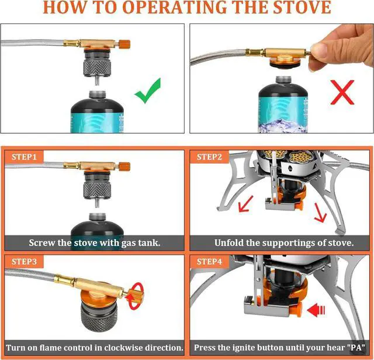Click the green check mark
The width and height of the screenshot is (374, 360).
149,92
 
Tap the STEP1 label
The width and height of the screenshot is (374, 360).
24,157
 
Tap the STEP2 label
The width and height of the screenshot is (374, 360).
209,157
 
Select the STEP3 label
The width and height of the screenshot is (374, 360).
24,261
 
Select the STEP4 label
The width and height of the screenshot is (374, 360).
209,261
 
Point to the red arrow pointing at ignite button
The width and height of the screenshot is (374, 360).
316,308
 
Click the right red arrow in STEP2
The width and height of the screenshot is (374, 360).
318,214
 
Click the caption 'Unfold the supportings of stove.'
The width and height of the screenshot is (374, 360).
283,243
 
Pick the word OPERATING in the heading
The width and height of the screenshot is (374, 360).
171,8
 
